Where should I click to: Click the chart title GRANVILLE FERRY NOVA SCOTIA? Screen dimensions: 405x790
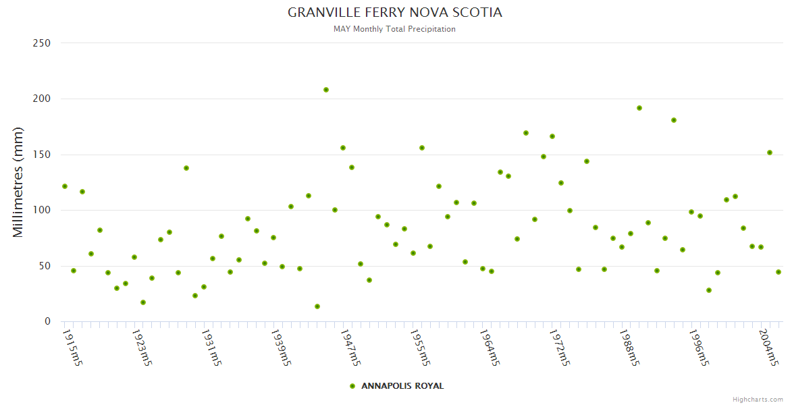coord(395,13)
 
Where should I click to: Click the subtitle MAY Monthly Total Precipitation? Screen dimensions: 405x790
coord(395,29)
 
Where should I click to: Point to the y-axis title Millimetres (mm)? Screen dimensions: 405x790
coord(18,182)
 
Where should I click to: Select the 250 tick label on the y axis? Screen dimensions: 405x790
coord(42,43)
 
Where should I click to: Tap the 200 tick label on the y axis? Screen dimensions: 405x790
coord(42,99)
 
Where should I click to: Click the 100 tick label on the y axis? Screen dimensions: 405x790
coord(42,210)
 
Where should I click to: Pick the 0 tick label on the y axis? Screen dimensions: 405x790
coord(48,321)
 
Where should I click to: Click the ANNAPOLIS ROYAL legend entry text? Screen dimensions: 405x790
coord(402,386)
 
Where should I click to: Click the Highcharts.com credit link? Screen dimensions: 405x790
coord(758,400)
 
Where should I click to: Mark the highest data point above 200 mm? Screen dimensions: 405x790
coord(326,90)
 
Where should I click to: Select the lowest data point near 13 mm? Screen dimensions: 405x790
coord(317,306)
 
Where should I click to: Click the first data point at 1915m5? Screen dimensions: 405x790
coord(65,186)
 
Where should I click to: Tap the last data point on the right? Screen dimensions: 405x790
coord(779,272)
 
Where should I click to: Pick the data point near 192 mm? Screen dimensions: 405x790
coord(639,108)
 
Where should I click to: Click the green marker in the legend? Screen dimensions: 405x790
coord(352,386)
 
